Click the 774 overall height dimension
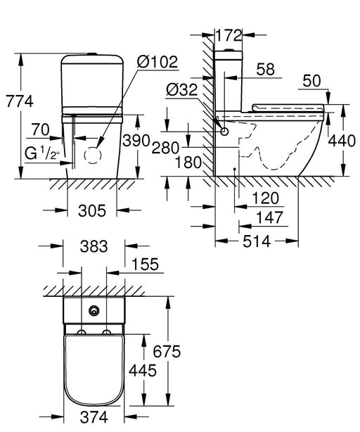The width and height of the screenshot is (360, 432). (17, 101)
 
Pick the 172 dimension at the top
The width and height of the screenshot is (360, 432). (229, 34)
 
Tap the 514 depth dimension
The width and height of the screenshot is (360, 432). (257, 242)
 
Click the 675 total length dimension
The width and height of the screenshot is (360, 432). (181, 350)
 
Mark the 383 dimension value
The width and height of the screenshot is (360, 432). (94, 246)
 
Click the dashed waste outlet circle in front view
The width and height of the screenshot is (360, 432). (93, 155)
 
